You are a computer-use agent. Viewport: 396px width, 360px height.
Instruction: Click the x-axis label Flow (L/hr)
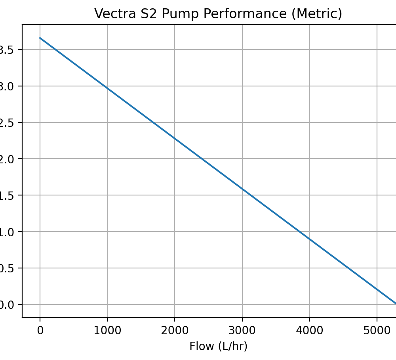point(218,347)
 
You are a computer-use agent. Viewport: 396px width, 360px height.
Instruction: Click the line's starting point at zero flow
point(40,38)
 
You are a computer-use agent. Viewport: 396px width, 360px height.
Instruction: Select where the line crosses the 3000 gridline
point(242,189)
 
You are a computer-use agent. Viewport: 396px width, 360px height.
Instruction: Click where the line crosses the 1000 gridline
point(107,88)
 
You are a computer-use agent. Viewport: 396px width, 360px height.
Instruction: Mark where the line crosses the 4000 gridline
point(310,239)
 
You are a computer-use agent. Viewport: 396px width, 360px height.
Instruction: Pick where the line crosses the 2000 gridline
point(175,138)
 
